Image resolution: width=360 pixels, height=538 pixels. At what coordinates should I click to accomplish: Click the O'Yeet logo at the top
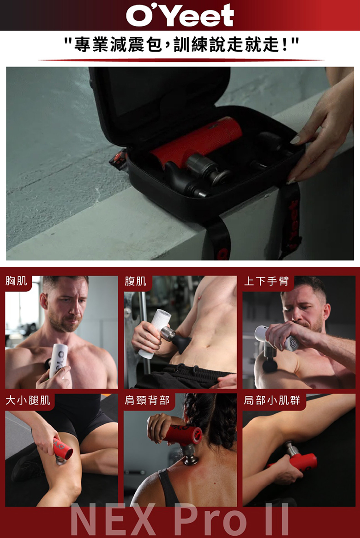180,16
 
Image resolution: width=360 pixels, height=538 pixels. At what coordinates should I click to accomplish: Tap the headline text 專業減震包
118,45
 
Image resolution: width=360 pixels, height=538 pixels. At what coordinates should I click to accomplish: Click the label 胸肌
17,281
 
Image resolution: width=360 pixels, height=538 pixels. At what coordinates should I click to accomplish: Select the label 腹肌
135,281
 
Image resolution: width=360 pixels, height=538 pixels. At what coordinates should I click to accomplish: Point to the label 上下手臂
266,281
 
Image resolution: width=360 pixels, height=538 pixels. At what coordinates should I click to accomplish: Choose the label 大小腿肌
28,400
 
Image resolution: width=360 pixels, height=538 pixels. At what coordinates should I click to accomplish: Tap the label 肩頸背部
147,400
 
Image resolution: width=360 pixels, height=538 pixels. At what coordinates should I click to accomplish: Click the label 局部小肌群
272,400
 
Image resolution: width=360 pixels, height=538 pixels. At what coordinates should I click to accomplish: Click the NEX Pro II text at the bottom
180,520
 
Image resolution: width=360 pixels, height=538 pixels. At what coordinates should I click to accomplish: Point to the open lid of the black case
159,103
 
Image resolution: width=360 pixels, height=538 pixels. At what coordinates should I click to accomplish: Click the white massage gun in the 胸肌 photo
58,360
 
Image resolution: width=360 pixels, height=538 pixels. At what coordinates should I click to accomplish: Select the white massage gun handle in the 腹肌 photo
154,333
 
